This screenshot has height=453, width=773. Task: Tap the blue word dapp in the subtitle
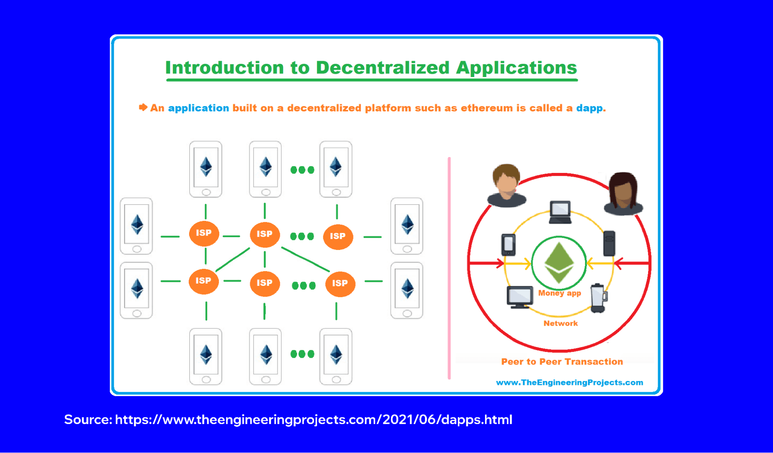(589, 108)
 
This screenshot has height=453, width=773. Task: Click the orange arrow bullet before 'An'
(143, 107)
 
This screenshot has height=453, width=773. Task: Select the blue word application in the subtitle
(198, 108)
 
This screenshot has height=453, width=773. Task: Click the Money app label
(560, 293)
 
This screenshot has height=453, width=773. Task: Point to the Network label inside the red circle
(560, 323)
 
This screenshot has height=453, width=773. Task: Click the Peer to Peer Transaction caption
(562, 362)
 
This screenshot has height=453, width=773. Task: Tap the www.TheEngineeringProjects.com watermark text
(569, 383)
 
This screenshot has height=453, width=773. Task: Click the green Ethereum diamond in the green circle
(559, 262)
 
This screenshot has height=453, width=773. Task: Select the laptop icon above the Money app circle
(560, 212)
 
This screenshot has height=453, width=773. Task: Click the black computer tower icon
(609, 243)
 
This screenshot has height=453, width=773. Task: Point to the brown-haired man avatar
(507, 186)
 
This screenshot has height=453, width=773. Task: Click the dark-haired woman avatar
(623, 193)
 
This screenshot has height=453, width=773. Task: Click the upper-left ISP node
(204, 233)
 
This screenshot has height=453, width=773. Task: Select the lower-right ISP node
(340, 284)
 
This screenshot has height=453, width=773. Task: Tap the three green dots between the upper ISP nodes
(302, 236)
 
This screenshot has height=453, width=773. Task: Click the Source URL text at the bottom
(288, 420)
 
